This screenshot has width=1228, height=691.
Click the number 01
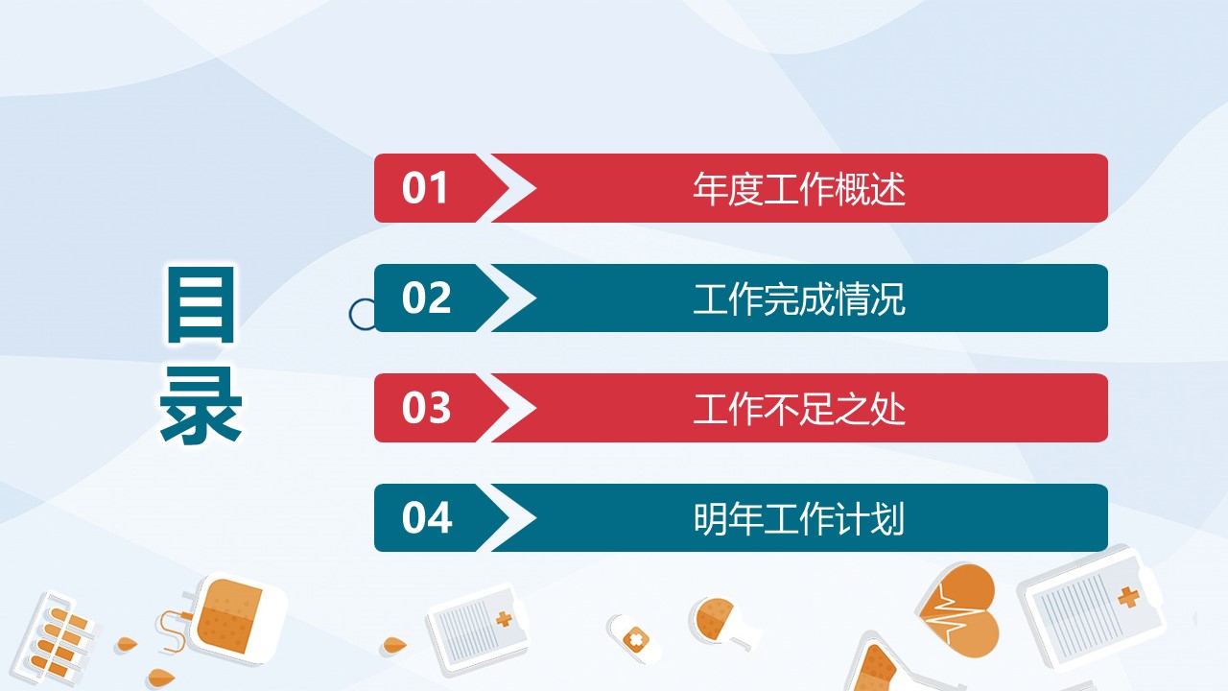pos(424,188)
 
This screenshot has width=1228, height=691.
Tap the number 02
pos(426,298)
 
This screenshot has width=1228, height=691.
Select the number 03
pos(426,408)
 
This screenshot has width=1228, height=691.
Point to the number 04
pos(427,517)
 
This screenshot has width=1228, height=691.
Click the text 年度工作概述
pos(799,189)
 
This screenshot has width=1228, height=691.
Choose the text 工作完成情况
pos(799,298)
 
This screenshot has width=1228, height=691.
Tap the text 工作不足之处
pos(799,409)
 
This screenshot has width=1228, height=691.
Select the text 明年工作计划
pos(799,519)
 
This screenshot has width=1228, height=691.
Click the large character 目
pos(201,305)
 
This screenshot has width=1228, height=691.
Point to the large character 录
pos(201,405)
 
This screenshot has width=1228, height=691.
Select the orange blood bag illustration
pos(232,618)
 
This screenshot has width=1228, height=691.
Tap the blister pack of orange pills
pos(56,639)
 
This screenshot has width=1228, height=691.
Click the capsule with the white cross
pos(634,639)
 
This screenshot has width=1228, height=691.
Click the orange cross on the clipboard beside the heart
pos(1128,597)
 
